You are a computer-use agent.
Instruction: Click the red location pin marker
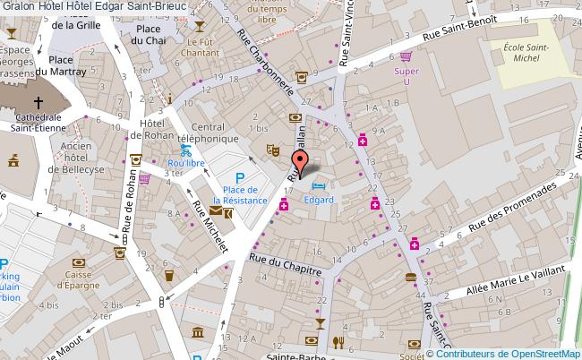coord(301,161)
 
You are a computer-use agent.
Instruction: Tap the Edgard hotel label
coord(318,199)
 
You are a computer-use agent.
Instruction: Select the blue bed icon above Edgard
coord(319,184)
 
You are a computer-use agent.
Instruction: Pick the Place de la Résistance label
coord(244,194)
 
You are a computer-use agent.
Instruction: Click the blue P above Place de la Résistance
coord(239,177)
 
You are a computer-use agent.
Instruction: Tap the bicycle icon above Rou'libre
coord(185,150)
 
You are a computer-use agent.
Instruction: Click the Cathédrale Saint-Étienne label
coord(37,121)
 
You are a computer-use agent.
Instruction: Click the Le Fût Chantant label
coord(203,47)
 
